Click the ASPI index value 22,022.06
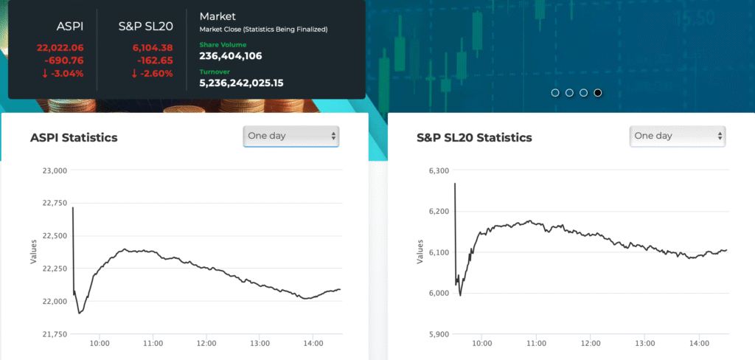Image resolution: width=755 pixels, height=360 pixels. point(60,48)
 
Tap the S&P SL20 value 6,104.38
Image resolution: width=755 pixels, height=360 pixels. point(152,48)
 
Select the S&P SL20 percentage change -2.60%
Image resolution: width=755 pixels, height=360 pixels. point(152,73)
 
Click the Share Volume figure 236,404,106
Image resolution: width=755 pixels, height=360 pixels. point(231,56)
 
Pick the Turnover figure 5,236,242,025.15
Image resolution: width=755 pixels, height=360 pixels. point(241,83)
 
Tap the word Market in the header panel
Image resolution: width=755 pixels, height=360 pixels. point(217,15)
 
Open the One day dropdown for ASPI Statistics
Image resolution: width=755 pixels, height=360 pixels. point(291,136)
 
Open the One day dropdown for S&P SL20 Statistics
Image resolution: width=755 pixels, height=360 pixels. point(678,136)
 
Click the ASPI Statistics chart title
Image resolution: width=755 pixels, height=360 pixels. point(74,138)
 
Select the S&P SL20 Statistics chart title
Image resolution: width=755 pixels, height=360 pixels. point(474,138)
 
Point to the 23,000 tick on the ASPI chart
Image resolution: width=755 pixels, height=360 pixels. point(52,170)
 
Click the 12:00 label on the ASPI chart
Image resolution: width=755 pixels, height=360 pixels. point(206,343)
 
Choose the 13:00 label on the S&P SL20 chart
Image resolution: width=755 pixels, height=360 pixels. point(645,343)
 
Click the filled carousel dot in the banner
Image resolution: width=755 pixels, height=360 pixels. point(598,93)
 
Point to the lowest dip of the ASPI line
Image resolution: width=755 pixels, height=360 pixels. point(79,313)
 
